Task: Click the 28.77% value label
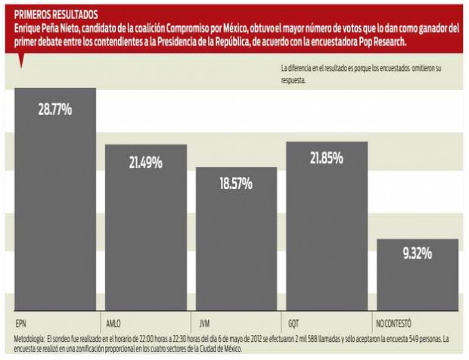pos(55,110)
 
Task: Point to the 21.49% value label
pos(146,163)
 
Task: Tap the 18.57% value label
pos(236,185)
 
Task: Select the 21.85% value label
pos(326,158)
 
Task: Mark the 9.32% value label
pos(417,253)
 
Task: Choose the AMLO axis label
pos(114,320)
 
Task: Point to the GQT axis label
pos(294,320)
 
